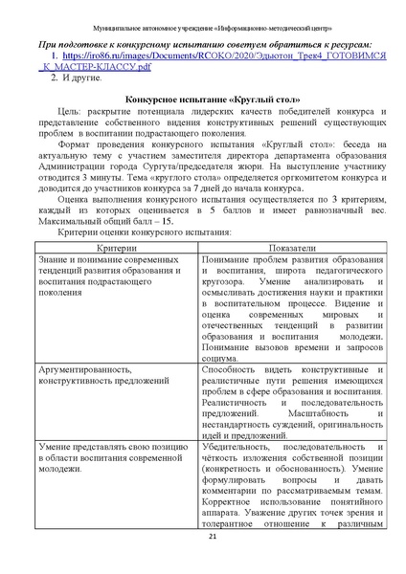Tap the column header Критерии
pos(104,248)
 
